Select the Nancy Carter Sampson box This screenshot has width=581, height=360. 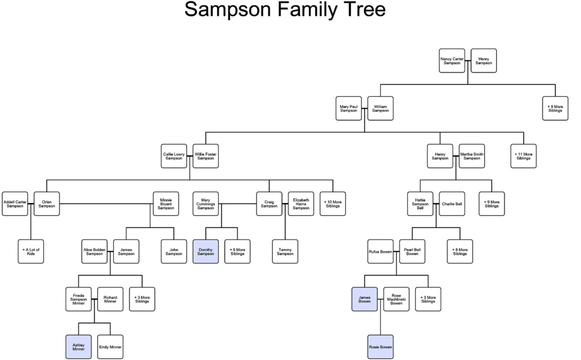[452, 61]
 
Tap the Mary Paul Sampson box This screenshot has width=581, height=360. [349, 109]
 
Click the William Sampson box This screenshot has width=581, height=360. [380, 109]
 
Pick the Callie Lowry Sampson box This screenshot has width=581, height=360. [174, 157]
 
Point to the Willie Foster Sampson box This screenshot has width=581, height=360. [206, 157]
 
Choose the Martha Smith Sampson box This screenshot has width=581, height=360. [472, 157]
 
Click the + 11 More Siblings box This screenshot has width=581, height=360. [523, 157]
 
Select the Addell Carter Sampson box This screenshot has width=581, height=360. [15, 204]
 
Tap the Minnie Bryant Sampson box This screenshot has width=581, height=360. [166, 204]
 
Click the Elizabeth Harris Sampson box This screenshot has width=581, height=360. [301, 204]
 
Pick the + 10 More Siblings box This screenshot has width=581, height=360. [333, 204]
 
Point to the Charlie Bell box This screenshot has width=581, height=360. [452, 204]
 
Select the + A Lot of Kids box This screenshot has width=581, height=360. [31, 251]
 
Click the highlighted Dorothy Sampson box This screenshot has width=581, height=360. [206, 251]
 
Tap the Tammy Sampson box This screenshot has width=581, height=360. [285, 251]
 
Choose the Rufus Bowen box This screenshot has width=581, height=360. [380, 251]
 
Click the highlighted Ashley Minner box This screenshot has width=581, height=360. [79, 347]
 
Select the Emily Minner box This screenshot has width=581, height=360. [110, 347]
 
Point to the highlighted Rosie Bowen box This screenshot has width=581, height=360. [380, 347]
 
